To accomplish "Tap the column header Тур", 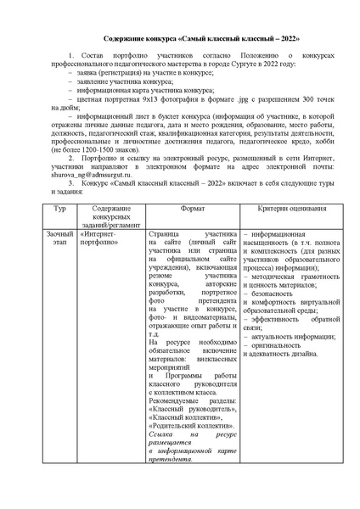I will click(x=59, y=209).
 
